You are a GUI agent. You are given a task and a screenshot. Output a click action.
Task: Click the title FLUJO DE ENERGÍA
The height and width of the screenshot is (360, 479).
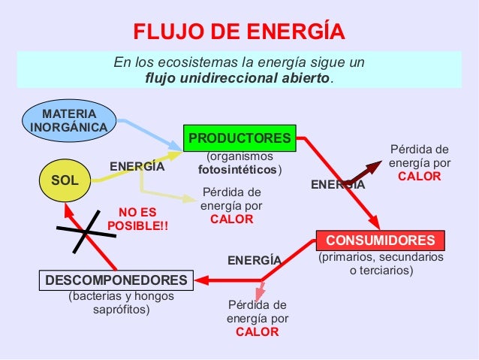239,32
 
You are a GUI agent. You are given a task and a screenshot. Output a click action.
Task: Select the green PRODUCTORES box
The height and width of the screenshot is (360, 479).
239,138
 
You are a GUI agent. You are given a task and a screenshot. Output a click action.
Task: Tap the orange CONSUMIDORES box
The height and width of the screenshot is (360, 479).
380,241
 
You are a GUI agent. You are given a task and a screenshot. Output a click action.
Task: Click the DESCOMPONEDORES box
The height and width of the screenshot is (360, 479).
116,280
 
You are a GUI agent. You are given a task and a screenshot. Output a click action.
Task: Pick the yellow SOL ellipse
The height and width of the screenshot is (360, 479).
65,180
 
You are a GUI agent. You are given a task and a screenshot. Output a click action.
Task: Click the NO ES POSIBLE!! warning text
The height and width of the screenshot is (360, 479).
137,219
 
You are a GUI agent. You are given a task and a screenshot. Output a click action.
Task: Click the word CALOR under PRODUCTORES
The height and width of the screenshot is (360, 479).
231,219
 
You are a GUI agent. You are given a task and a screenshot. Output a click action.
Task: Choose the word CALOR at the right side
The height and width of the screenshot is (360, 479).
419,177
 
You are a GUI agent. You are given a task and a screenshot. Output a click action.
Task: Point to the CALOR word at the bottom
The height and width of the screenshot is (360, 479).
257,331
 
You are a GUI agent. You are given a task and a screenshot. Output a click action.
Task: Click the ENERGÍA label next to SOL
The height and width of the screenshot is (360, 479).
137,166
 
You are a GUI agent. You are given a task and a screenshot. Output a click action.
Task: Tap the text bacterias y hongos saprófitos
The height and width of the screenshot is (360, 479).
121,303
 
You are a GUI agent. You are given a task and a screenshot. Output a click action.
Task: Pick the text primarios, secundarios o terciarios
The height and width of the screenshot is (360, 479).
381,264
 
